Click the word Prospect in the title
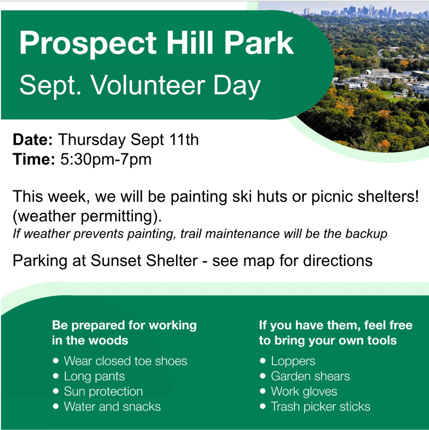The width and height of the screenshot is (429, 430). [88, 44]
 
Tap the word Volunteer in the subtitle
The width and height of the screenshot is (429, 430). [148, 85]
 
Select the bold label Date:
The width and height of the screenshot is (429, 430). [33, 139]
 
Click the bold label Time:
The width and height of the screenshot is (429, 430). [34, 159]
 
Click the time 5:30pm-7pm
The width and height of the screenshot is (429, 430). [106, 160]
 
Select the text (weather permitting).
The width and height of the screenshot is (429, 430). [87, 216]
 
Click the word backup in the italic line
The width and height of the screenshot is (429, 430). [366, 234]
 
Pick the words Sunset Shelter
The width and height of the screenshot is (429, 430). [144, 260]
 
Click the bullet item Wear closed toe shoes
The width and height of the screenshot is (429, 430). [126, 361]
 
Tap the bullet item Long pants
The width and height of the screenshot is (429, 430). [94, 376]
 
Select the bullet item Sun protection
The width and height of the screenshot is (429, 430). [103, 392]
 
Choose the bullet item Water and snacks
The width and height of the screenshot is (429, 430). [113, 407]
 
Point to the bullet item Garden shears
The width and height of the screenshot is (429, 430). [310, 376]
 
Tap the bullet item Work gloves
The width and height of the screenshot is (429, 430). [304, 392]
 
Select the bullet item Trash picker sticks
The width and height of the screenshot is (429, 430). [320, 407]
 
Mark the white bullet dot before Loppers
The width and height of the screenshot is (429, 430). [263, 361]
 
